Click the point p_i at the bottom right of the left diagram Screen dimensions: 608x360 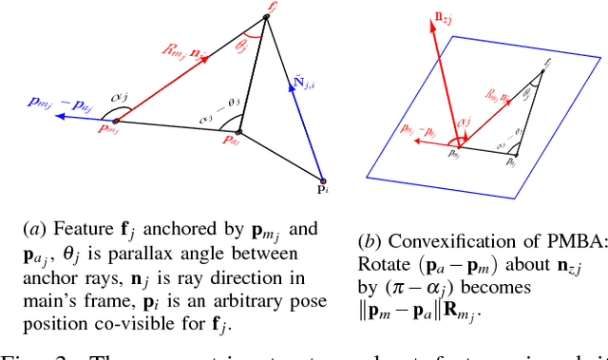[324, 180]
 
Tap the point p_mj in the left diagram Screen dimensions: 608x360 [115, 122]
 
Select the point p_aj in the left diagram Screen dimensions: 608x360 [241, 133]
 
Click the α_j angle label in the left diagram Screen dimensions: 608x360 [121, 97]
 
